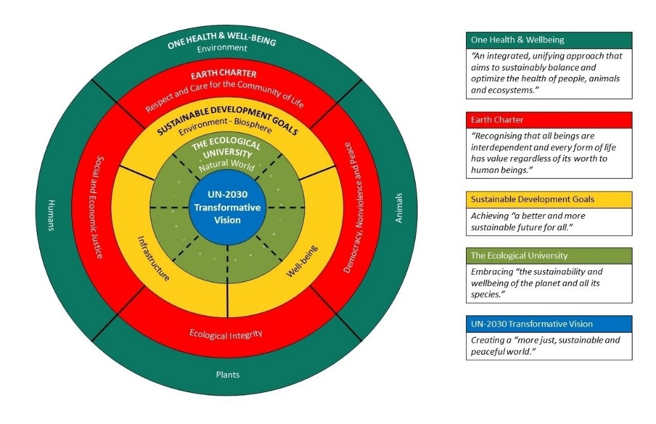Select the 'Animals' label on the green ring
(399, 208)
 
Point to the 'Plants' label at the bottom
(227, 374)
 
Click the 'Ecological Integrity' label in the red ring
(226, 334)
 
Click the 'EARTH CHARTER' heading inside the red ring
(224, 74)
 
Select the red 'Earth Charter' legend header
(549, 120)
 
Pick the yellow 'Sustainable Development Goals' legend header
(549, 200)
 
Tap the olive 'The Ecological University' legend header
(549, 256)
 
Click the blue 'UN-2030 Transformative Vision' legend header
(549, 324)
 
